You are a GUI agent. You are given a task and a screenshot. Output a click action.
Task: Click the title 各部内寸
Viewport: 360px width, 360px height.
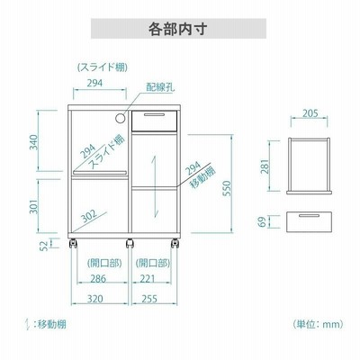(x=178, y=29)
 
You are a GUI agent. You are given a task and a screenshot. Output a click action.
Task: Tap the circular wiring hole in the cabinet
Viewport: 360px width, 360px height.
(x=120, y=118)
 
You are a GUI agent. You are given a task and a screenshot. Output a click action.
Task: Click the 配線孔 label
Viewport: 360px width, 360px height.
(x=160, y=87)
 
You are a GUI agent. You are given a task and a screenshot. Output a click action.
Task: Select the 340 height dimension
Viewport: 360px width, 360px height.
(x=34, y=142)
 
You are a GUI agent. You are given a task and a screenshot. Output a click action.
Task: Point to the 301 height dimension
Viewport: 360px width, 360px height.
(x=34, y=206)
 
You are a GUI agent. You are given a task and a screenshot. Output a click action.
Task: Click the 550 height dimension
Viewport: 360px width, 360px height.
(x=228, y=188)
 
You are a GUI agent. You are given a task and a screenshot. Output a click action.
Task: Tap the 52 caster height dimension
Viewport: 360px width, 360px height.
(x=44, y=246)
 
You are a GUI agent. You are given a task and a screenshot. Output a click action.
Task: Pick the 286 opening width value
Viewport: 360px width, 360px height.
(x=98, y=279)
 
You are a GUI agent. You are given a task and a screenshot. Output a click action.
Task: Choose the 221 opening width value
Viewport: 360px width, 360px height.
(x=148, y=279)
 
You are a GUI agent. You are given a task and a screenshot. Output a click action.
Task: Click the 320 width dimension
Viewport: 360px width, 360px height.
(x=95, y=299)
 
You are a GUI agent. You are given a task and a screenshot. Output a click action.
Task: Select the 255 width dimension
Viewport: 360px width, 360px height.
(x=149, y=299)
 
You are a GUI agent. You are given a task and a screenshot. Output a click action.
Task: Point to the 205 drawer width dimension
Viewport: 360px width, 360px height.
(x=310, y=113)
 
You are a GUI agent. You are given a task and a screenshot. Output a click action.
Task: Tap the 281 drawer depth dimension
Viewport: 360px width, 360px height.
(x=265, y=166)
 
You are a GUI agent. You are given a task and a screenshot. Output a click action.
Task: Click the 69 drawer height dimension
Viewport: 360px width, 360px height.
(x=262, y=222)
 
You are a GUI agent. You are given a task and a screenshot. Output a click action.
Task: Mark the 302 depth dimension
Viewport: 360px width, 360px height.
(x=89, y=216)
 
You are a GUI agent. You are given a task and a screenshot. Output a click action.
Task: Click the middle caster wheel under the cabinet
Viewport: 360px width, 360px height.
(x=130, y=243)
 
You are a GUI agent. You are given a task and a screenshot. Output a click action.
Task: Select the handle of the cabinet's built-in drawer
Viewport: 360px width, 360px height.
(x=154, y=114)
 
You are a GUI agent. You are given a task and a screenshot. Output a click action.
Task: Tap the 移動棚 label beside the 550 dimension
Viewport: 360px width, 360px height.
(x=203, y=177)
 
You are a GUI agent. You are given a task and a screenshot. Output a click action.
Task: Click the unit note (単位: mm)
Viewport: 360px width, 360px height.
(x=318, y=324)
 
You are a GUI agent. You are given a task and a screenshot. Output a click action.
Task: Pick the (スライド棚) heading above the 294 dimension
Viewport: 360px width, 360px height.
(x=103, y=67)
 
